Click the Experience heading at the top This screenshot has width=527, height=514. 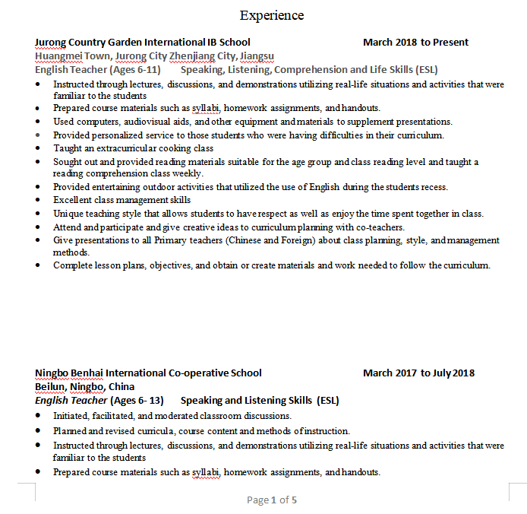pyautogui.click(x=271, y=15)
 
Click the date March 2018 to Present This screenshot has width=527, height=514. pyautogui.click(x=415, y=43)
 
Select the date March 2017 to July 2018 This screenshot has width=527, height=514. pyautogui.click(x=418, y=373)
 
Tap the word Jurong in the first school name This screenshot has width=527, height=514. pyautogui.click(x=51, y=43)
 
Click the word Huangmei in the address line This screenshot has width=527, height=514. pyautogui.click(x=58, y=56)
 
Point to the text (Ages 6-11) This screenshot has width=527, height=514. pyautogui.click(x=134, y=70)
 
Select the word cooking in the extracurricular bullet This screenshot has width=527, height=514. pyautogui.click(x=174, y=149)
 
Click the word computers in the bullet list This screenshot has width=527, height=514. pyautogui.click(x=95, y=122)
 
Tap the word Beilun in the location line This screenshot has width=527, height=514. pyautogui.click(x=50, y=387)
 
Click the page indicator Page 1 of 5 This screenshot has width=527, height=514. pyautogui.click(x=272, y=500)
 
